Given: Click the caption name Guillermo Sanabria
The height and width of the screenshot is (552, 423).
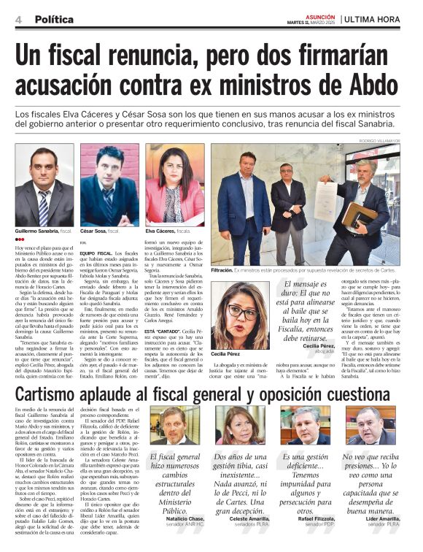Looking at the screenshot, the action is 36,231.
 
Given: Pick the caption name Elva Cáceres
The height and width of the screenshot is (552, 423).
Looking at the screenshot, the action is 160,231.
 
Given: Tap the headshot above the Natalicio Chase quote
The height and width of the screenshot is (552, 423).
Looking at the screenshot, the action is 175,428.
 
